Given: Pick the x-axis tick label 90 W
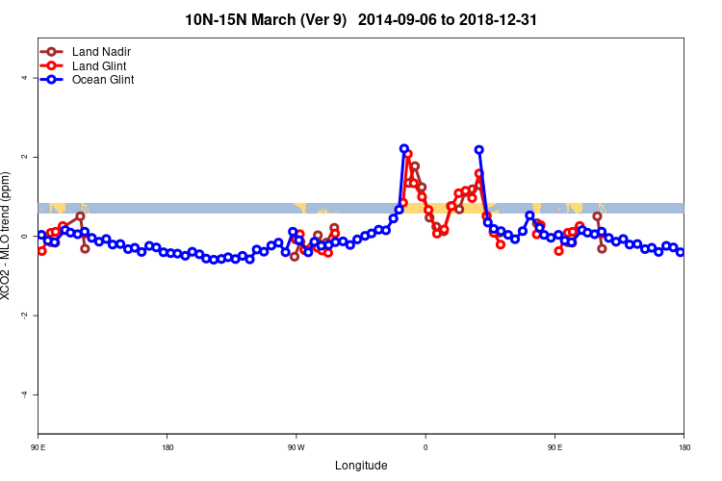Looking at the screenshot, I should coord(297,446).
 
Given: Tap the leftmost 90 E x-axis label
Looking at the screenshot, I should coord(39,446).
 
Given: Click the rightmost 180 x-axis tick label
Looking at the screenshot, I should coord(683,446).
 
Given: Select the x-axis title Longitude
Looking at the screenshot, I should coord(361,466).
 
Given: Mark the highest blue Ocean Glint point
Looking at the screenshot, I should coord(404,148).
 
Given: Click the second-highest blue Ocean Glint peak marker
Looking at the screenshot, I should coord(479,149).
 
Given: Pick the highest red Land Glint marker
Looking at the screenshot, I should coord(408,154).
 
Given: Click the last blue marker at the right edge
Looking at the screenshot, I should coord(681,252).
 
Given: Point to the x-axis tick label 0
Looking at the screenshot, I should coord(425,446).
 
